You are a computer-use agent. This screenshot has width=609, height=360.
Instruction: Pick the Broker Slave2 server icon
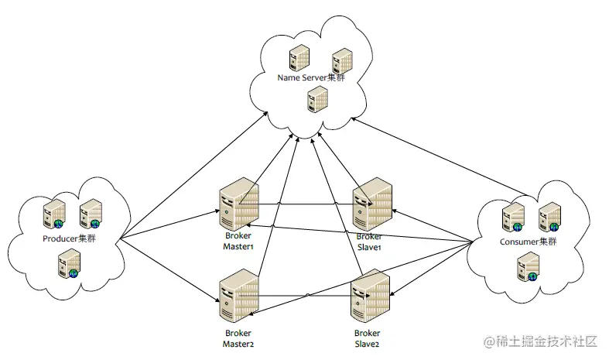[370, 296]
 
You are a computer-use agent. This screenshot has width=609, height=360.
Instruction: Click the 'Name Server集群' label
[311, 78]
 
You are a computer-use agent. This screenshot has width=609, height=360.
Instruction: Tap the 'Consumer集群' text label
[529, 242]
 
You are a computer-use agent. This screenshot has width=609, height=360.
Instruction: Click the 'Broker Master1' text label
[238, 241]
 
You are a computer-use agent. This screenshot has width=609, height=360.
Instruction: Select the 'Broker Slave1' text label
[370, 241]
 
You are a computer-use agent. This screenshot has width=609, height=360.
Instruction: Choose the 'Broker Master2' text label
[238, 337]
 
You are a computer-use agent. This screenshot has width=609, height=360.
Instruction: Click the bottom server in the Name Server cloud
[316, 98]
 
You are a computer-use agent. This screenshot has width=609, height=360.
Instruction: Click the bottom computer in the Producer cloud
[69, 264]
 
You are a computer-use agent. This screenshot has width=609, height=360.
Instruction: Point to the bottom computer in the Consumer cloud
[527, 267]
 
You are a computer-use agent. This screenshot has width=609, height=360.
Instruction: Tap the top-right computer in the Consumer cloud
[549, 216]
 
